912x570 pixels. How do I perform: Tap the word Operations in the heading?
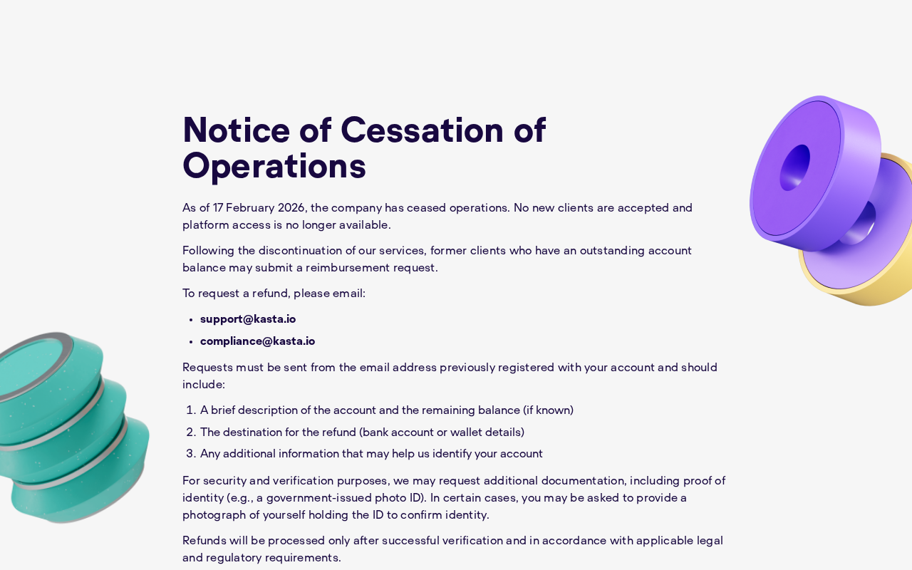click(274, 166)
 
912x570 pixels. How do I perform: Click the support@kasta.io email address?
click(248, 319)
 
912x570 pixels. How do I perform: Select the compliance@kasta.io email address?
click(257, 341)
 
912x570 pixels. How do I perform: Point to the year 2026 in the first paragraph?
click(291, 208)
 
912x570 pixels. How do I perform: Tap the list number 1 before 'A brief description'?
click(190, 410)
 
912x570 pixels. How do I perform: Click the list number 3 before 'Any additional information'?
click(190, 454)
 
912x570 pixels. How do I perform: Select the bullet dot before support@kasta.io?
click(191, 320)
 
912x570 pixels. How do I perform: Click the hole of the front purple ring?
click(794, 168)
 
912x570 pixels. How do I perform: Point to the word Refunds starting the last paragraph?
click(203, 541)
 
